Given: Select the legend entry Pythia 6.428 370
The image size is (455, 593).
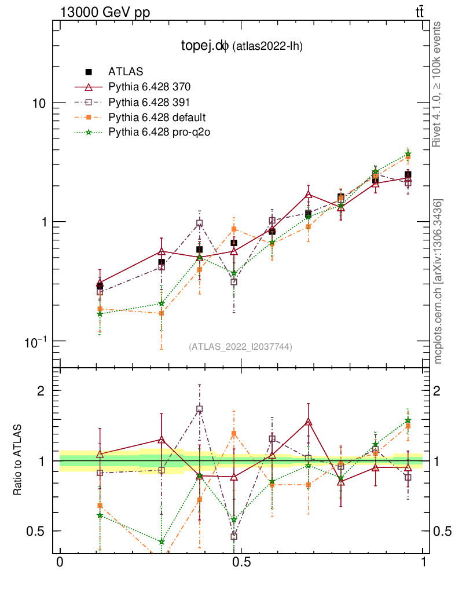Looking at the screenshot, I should [149, 87].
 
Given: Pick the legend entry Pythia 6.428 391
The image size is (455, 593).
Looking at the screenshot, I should [149, 103].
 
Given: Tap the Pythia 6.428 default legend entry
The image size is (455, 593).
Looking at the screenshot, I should [157, 118].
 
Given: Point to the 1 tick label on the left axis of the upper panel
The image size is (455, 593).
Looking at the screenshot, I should [42, 222].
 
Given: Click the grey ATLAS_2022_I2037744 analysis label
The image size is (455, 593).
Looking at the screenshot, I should [240, 347].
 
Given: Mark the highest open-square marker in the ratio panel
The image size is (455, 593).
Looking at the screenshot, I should [199, 409].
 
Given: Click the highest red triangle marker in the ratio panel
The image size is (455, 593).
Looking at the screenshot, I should [309, 422].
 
